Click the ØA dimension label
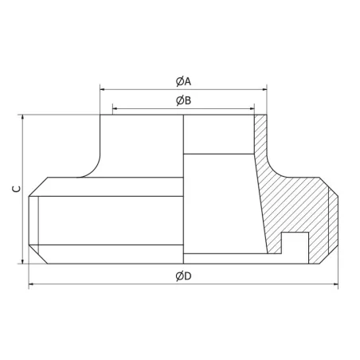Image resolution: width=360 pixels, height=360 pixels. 182,81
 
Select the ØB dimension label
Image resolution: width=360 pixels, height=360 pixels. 182,100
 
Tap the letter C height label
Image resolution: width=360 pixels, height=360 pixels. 14,190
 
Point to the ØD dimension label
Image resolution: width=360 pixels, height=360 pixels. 182,276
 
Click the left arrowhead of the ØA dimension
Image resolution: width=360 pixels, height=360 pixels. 103,88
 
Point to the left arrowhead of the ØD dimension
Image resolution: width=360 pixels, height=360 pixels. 31,284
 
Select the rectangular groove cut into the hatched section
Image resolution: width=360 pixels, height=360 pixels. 296,245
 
